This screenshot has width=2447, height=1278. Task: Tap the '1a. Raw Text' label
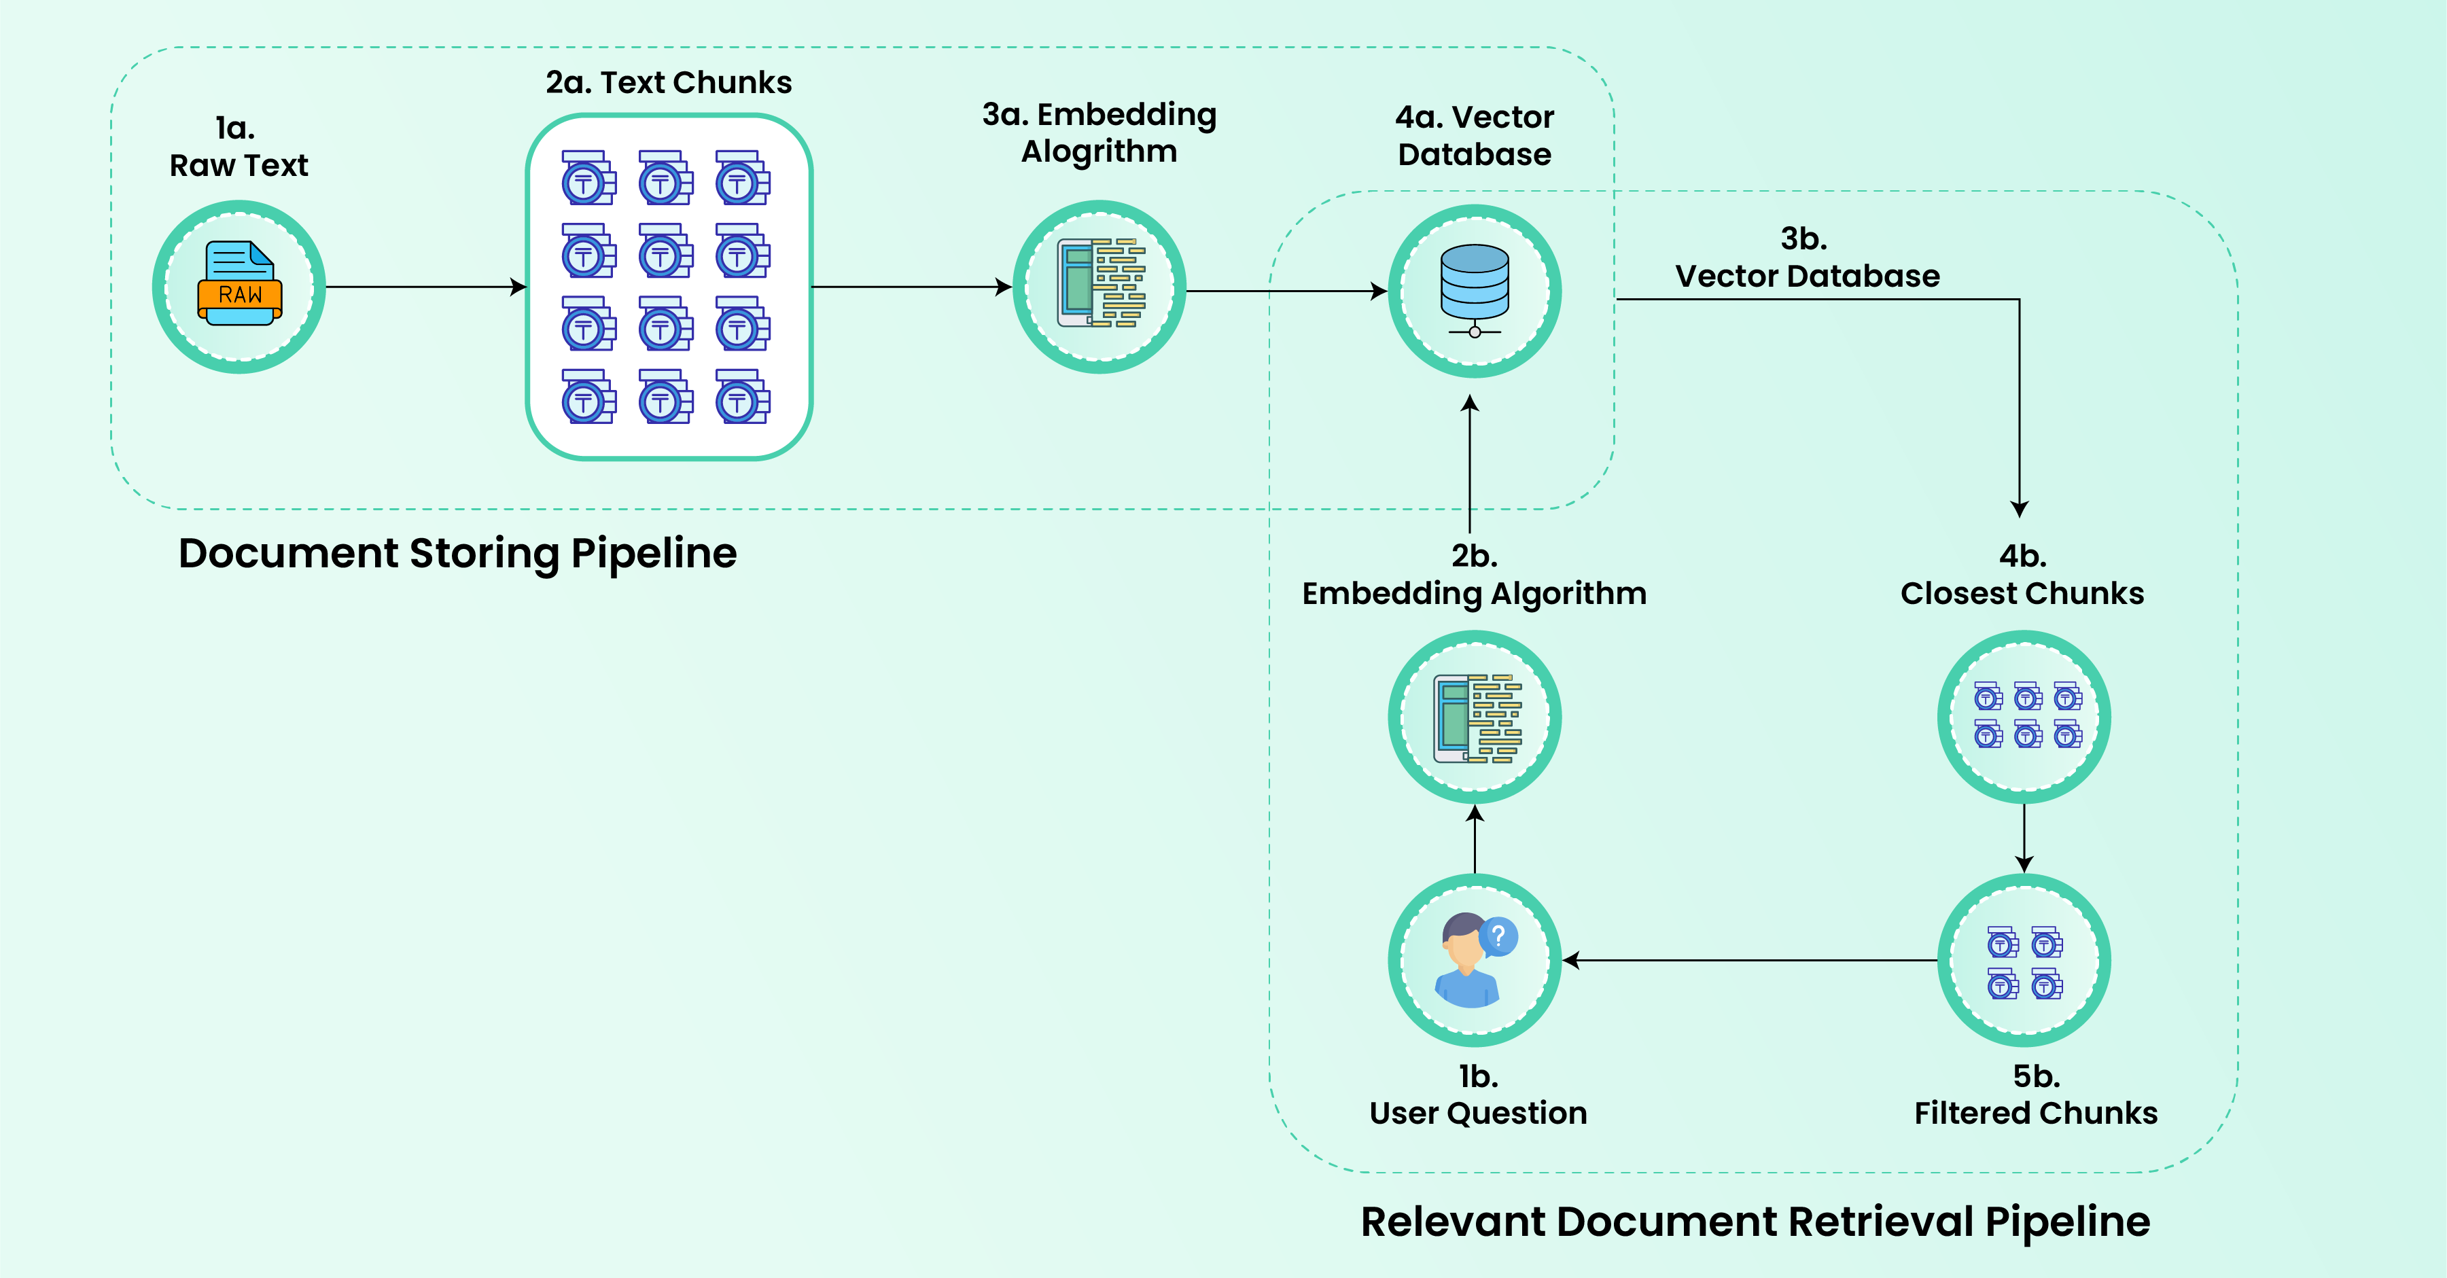(239, 146)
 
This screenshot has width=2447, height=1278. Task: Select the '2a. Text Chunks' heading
(669, 83)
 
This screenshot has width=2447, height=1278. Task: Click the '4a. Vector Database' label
(1475, 136)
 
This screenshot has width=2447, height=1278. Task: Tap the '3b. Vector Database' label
(1807, 258)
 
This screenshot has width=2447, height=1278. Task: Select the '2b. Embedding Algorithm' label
(1475, 574)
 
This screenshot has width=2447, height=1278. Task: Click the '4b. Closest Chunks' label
(2022, 574)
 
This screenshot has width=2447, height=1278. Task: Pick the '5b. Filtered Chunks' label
(2036, 1094)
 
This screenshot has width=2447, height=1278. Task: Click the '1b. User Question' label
(1478, 1094)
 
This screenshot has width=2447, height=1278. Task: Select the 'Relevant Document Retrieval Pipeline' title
(1755, 1222)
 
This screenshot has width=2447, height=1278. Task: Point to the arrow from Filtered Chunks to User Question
(1750, 961)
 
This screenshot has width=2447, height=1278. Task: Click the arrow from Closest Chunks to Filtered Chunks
(2024, 838)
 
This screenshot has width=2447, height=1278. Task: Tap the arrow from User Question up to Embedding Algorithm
(1475, 838)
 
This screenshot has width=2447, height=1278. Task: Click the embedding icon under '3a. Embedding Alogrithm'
(1100, 283)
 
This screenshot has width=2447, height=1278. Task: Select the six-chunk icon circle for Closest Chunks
(2024, 717)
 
